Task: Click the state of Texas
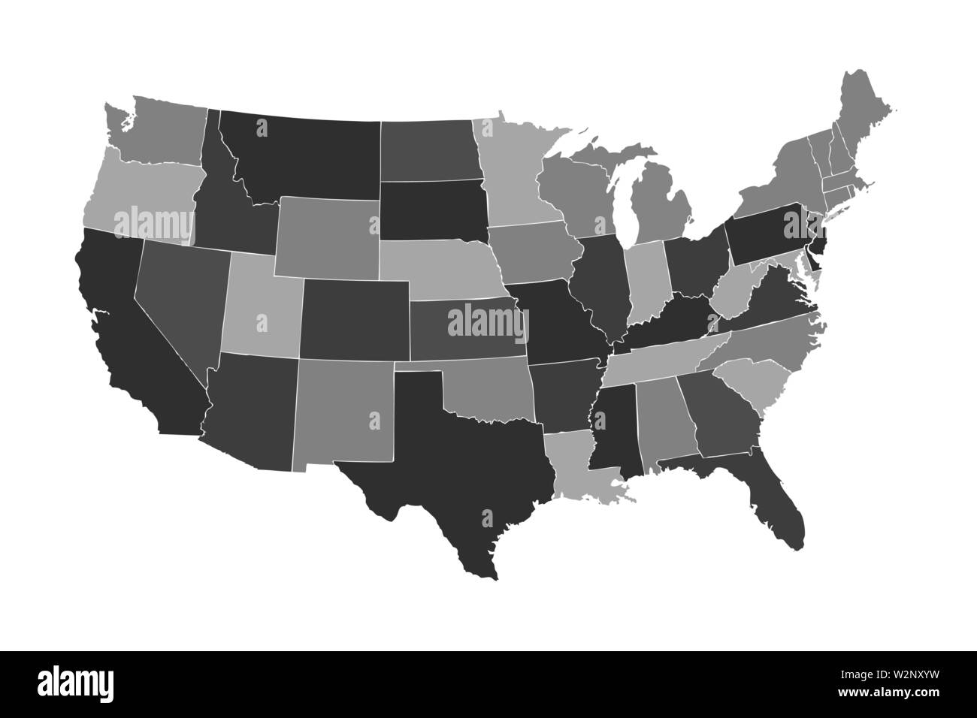[x=451, y=451]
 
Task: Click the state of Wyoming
[x=327, y=237]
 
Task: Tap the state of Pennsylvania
[x=767, y=233]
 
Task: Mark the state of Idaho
[x=225, y=210]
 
